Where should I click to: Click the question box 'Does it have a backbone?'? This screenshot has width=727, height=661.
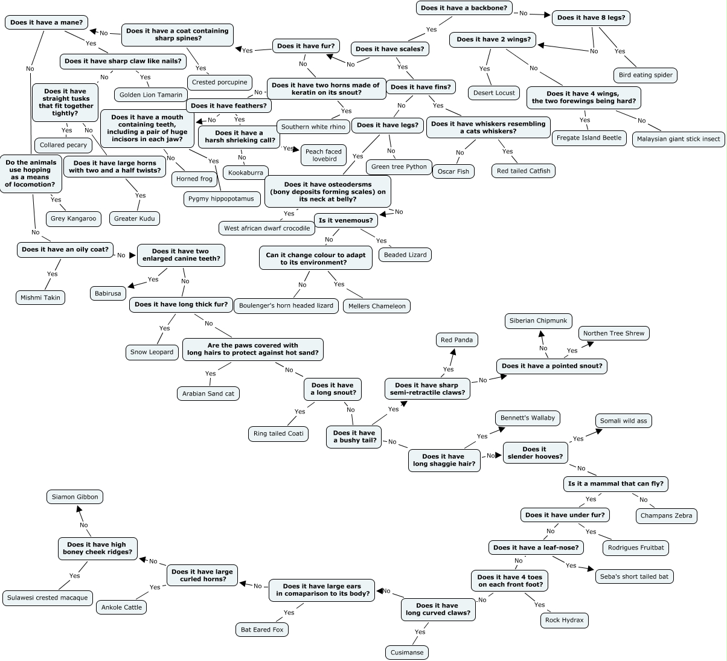pos(464,8)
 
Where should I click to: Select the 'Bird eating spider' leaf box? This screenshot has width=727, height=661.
pos(645,75)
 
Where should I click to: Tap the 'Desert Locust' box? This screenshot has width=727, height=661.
pos(493,93)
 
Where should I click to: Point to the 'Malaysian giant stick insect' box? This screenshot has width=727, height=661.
pos(678,139)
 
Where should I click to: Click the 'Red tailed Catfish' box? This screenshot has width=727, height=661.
pos(523,171)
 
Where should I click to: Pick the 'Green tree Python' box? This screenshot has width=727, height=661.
pos(399,167)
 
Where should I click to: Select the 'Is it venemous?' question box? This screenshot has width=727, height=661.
pos(346,220)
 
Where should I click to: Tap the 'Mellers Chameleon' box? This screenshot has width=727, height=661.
pos(377,306)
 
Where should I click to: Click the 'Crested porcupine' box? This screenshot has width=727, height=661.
pos(219,82)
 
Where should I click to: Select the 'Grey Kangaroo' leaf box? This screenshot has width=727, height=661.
pos(73,219)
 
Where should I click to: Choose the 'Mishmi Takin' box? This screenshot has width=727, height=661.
pos(40,298)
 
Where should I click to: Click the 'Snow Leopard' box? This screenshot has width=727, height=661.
pos(152,352)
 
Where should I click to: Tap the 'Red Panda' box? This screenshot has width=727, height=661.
pos(456,340)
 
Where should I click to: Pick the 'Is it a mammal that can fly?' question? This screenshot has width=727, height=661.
pos(615,484)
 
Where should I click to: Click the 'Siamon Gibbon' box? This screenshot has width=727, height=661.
pos(75,497)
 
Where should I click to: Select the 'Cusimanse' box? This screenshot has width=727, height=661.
pos(406,653)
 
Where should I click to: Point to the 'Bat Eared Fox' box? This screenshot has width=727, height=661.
pos(262,630)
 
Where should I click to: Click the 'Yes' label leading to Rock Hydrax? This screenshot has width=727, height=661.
pos(539,605)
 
